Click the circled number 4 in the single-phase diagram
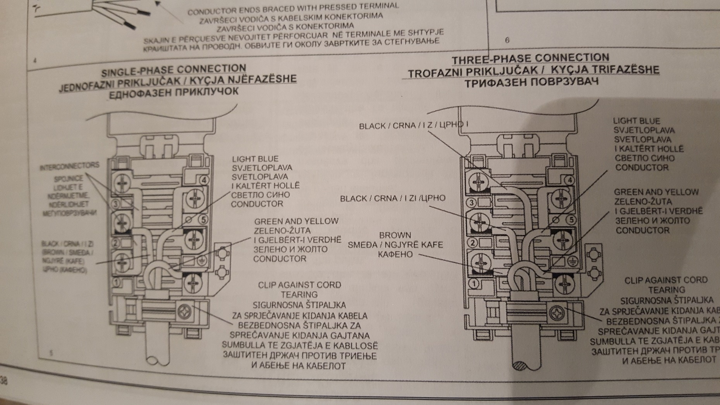[204, 180]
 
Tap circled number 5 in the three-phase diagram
[571, 220]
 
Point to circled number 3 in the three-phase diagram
[471, 202]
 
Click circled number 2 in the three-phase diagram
[472, 243]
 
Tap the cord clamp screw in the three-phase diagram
[556, 313]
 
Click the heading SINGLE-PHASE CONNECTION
[173, 70]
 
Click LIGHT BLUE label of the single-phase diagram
[255, 159]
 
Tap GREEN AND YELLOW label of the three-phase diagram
[656, 192]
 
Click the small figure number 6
[507, 40]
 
